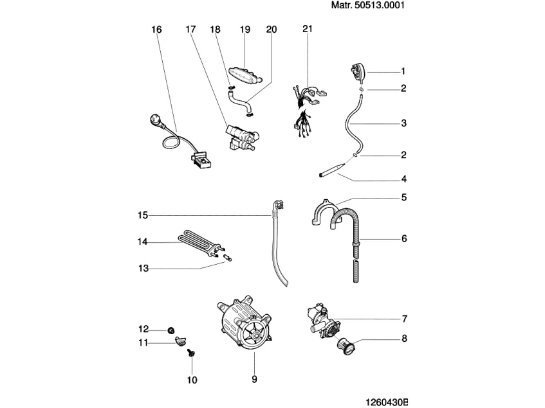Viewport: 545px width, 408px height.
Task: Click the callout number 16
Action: [156, 30]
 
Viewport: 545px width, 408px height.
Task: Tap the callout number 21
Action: [308, 30]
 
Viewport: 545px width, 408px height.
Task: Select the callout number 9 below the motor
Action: [254, 379]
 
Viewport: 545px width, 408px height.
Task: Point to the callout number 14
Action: [143, 242]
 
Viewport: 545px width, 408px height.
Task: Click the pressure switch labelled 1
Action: [358, 71]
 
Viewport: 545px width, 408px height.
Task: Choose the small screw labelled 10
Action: [191, 353]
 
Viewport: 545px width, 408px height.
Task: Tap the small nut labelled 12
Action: [171, 330]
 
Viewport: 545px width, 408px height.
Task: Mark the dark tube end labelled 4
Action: [331, 170]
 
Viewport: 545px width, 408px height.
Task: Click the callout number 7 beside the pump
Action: [403, 319]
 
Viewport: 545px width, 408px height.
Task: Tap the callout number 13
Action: [143, 269]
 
